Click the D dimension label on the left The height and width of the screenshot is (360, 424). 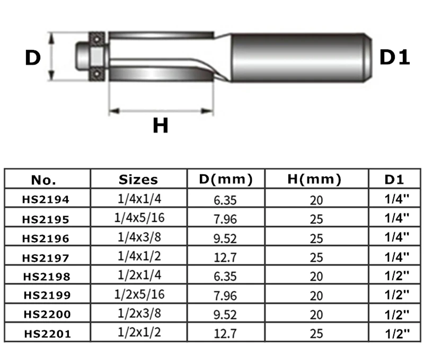click(x=33, y=58)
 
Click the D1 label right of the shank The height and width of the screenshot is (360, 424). click(x=394, y=57)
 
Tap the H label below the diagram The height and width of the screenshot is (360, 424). click(x=161, y=125)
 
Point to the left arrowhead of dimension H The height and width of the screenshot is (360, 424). click(x=114, y=111)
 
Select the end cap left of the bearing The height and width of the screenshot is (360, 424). click(x=83, y=56)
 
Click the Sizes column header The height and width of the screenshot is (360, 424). click(x=138, y=179)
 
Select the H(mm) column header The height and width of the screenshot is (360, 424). click(x=314, y=179)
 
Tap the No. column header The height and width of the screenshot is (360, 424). click(x=43, y=180)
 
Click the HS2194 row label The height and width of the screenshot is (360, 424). click(x=46, y=200)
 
